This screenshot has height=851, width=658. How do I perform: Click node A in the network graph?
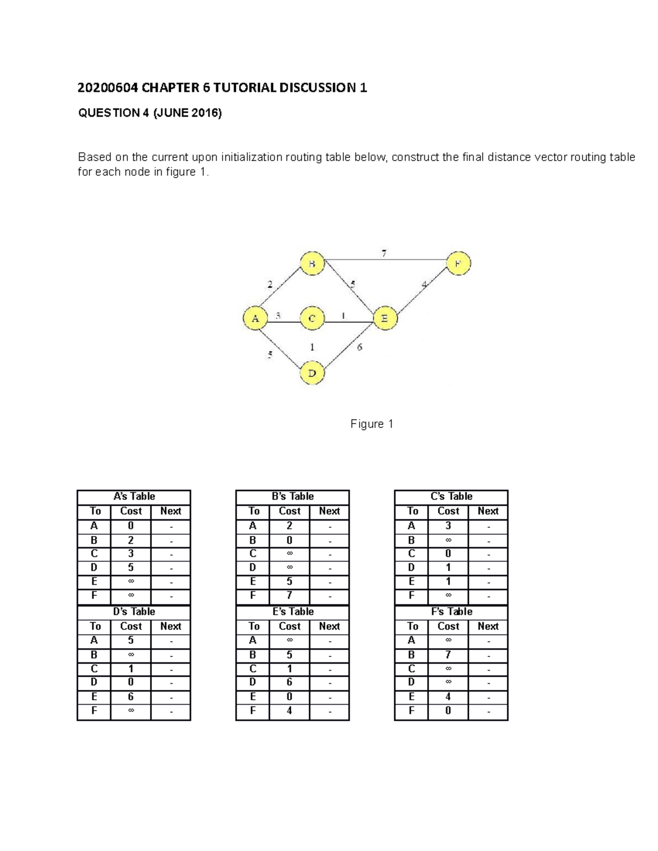255,318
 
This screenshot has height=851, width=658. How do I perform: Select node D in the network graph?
312,373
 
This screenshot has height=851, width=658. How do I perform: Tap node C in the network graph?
312,318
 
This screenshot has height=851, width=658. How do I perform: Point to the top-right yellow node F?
458,264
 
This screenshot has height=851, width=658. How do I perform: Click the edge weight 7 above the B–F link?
384,253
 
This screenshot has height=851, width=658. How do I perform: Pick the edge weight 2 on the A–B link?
270,284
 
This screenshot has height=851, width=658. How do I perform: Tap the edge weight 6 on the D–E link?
360,347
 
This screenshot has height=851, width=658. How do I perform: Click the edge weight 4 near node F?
424,284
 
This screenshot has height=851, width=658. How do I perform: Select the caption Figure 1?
372,424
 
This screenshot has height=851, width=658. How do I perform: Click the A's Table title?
134,496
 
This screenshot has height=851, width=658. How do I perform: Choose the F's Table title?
451,612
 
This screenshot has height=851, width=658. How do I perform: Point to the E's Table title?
293,612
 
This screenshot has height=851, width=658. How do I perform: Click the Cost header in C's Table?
448,511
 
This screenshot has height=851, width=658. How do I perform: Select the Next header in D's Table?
171,626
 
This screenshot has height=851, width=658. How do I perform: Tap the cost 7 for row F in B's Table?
289,596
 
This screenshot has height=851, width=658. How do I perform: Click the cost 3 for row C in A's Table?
131,553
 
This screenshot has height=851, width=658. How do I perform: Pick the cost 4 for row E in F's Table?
448,697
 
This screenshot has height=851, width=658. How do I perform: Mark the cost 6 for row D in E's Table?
289,682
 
